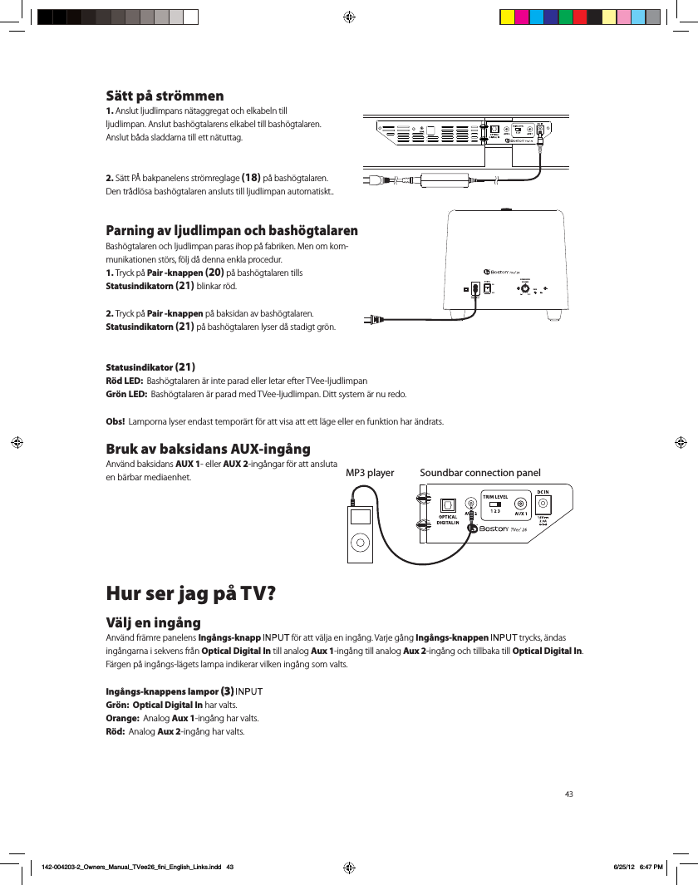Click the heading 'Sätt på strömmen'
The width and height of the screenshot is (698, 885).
165,96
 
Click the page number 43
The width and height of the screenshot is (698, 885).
569,794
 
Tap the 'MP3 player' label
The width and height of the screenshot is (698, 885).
369,473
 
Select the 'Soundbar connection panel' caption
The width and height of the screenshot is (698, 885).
480,473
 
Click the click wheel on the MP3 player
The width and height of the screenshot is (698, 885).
359,542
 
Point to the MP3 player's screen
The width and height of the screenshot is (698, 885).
359,517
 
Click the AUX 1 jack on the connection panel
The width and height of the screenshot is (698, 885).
521,503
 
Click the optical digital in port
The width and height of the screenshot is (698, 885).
447,504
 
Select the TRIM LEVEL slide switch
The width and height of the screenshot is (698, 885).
495,504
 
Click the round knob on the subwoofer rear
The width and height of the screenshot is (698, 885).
525,290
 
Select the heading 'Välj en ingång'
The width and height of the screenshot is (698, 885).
153,622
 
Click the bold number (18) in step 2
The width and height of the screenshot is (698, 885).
251,177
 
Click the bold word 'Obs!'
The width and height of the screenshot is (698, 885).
116,421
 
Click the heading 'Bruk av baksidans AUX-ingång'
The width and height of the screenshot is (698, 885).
208,449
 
